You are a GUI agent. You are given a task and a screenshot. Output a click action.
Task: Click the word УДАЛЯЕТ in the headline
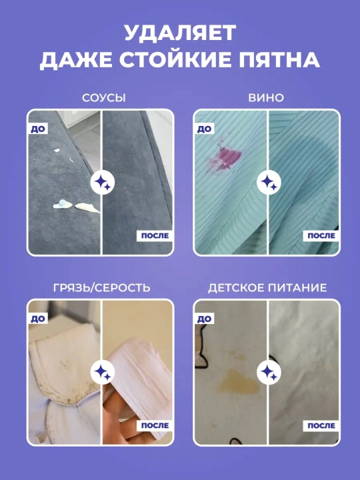[180, 33]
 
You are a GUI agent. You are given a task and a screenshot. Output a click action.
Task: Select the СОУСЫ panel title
[104, 97]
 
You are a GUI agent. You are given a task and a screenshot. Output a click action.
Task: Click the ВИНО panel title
[266, 97]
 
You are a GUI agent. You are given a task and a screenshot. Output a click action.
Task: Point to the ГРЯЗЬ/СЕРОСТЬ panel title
[101, 288]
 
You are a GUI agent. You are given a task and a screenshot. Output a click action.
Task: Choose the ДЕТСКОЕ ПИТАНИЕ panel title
[267, 288]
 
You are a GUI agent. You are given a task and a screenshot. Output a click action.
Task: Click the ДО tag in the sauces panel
[38, 129]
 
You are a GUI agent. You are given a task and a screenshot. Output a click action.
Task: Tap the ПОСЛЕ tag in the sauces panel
[155, 236]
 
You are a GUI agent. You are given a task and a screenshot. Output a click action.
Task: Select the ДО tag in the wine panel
[204, 129]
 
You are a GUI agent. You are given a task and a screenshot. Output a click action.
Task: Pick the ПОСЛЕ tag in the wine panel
[321, 236]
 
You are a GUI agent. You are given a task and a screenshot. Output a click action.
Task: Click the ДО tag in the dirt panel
[38, 319]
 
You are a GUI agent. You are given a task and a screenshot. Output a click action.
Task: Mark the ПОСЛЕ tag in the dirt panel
[155, 425]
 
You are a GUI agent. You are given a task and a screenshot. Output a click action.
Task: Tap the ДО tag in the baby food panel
[204, 319]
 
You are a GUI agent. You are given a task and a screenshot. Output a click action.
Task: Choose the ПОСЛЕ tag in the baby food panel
[321, 425]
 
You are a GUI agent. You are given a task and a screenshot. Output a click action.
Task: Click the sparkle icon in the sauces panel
[103, 183]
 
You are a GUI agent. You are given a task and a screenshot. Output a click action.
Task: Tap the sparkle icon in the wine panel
[269, 183]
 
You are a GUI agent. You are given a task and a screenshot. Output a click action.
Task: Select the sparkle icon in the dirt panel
[103, 372]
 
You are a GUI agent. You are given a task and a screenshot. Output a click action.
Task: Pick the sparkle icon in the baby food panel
[269, 372]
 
